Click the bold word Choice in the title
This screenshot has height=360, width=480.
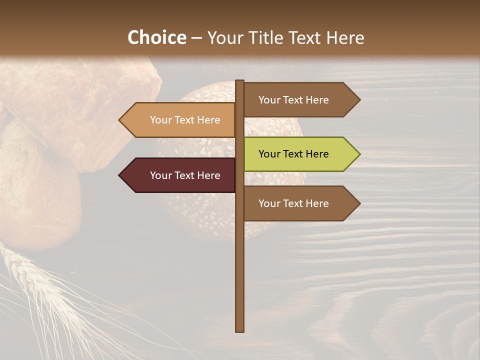[156, 38]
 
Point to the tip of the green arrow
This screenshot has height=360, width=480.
[359, 154]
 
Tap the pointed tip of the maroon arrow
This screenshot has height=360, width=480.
[120, 175]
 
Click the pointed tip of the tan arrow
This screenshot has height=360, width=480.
[120, 120]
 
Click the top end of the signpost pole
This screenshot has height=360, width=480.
[240, 81]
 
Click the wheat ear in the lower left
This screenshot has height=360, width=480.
[22, 270]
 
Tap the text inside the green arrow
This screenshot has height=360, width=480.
[293, 154]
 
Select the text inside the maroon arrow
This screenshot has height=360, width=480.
[185, 175]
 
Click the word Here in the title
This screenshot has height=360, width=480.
[345, 38]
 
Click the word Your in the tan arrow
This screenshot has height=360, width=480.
[160, 120]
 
